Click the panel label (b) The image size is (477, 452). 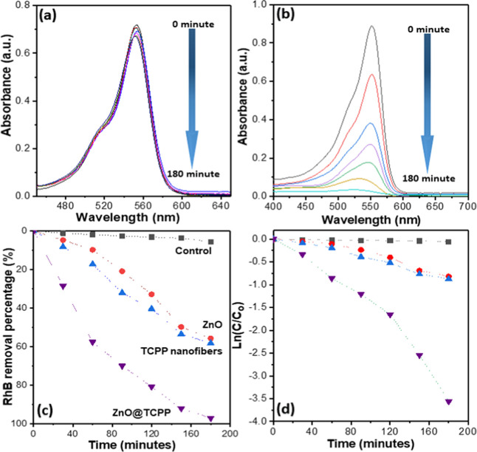tap(286, 16)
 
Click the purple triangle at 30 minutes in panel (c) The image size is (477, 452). tap(63, 286)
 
